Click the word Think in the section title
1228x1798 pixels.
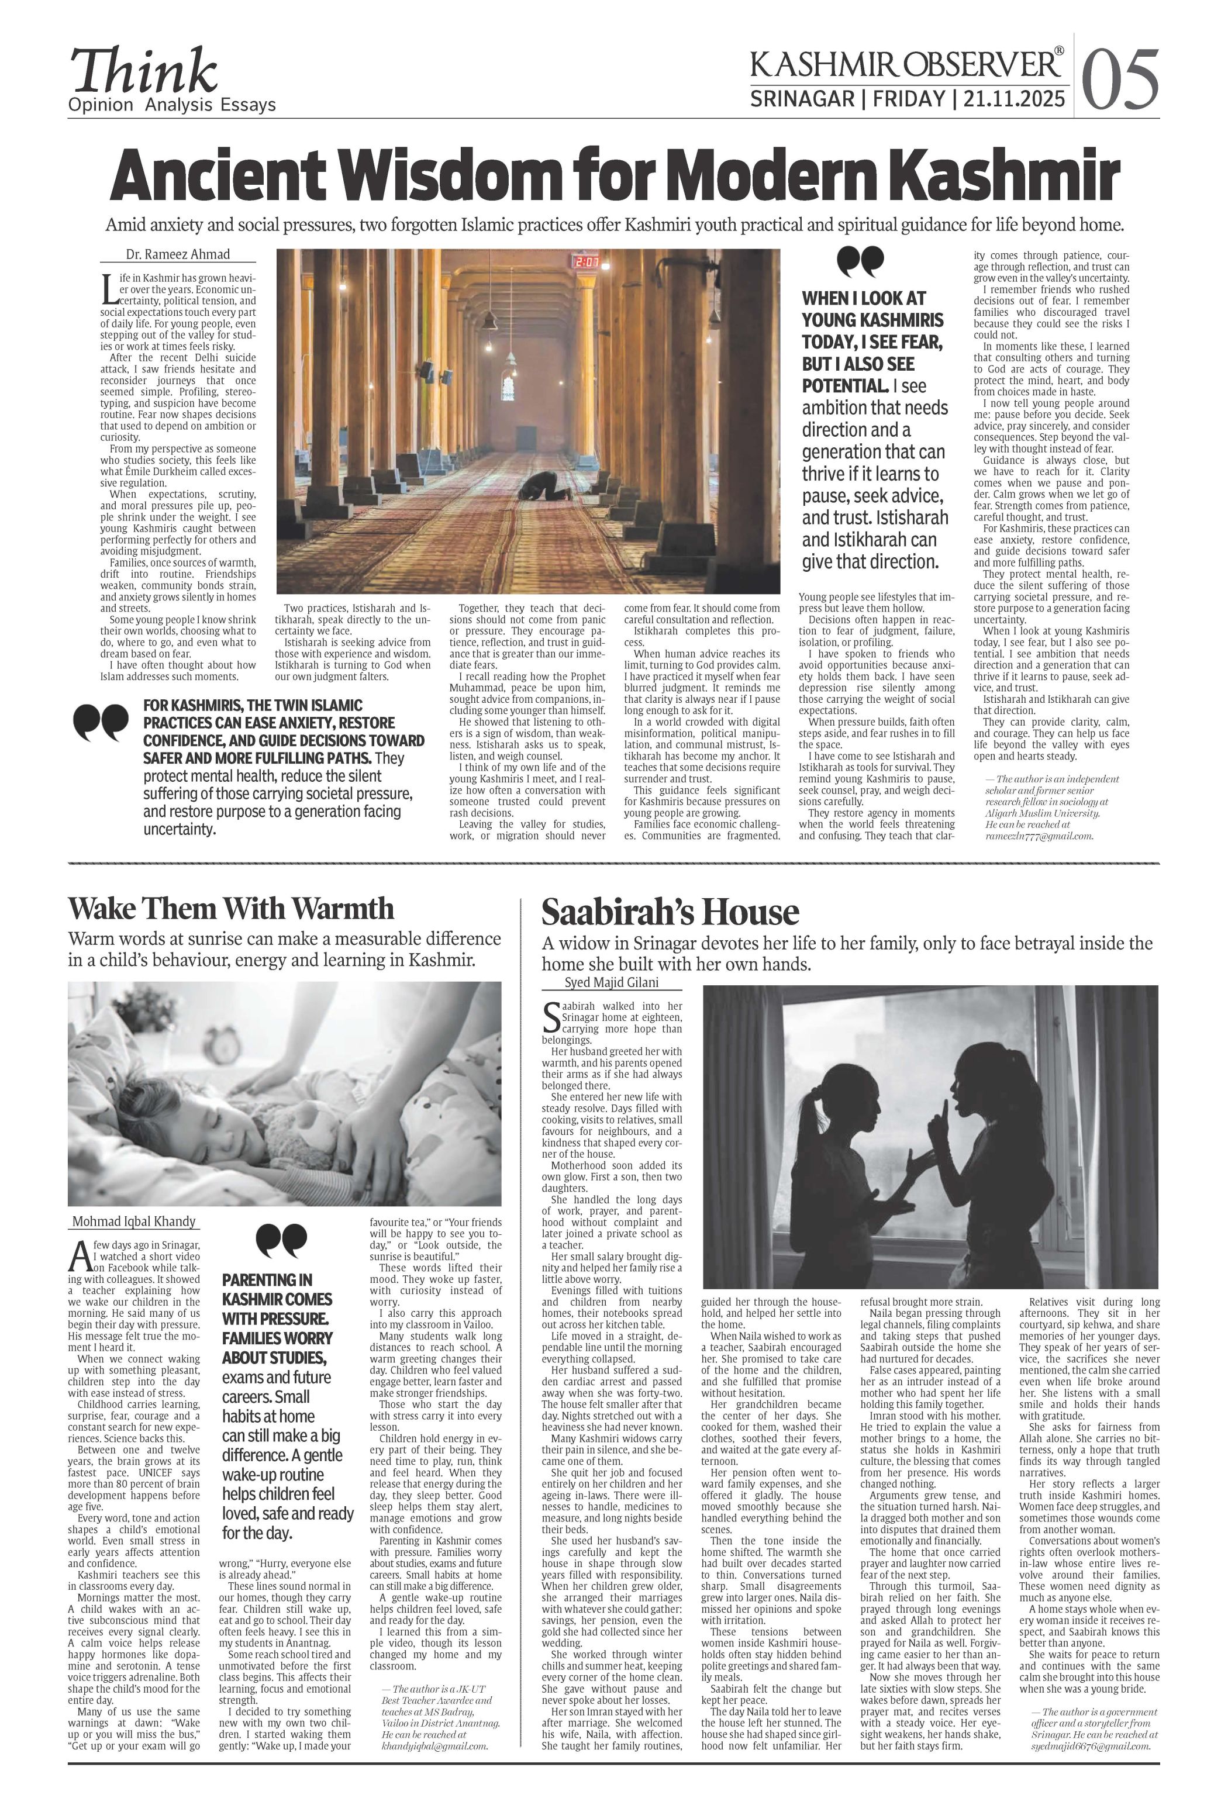(x=144, y=71)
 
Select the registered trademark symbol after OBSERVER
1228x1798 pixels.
(x=1058, y=51)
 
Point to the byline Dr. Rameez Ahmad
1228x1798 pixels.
(x=178, y=254)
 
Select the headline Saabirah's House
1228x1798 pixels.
(x=670, y=912)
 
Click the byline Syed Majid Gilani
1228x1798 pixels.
(x=611, y=982)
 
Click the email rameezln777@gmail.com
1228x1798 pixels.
(x=1039, y=836)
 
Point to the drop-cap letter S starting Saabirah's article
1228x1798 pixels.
(x=551, y=1018)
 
